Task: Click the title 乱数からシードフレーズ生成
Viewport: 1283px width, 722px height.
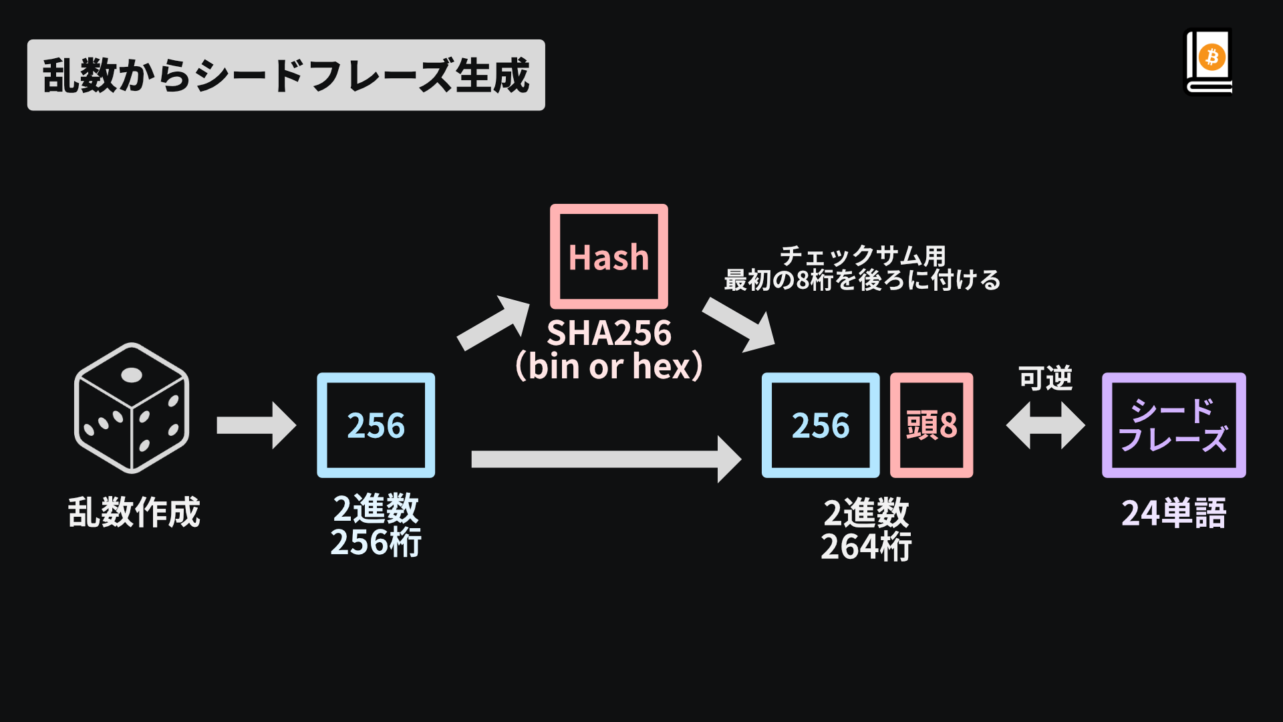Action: [286, 75]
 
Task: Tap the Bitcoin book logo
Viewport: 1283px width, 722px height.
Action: [1209, 62]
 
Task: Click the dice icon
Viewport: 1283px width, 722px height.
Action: [132, 408]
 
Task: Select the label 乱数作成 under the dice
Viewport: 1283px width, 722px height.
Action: [134, 513]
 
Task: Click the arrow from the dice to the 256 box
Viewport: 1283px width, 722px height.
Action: [256, 425]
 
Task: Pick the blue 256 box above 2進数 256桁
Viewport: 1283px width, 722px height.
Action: [376, 425]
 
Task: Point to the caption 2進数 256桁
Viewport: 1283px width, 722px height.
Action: [376, 525]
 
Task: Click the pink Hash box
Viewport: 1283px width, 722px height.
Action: [609, 257]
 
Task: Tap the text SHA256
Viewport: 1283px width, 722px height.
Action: [609, 333]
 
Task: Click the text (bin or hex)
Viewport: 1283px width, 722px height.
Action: [609, 366]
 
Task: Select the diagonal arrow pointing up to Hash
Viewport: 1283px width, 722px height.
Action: [493, 323]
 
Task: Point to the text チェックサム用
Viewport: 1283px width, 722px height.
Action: [863, 255]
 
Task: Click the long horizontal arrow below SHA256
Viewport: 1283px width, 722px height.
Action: [605, 459]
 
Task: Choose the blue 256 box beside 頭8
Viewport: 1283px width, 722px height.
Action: [821, 425]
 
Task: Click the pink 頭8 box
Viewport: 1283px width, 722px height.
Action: [932, 425]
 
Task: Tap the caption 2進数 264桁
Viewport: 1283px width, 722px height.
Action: [866, 529]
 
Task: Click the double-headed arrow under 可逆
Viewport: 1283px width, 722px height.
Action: [1045, 425]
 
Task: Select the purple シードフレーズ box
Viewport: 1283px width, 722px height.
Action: [1173, 425]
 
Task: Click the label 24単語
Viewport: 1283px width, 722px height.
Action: [1173, 513]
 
